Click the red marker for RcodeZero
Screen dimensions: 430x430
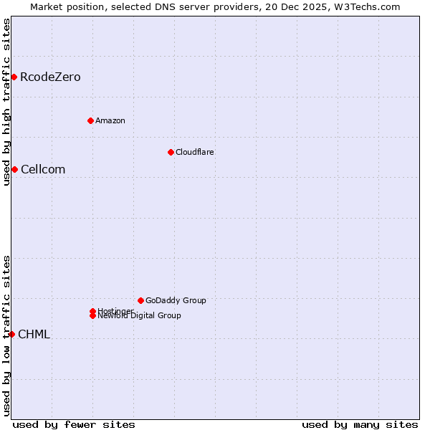pos(14,77)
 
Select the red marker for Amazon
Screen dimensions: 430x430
pos(90,120)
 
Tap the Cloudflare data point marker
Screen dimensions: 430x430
pos(171,152)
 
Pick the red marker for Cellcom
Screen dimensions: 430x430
pos(14,169)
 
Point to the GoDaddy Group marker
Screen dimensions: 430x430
pos(140,300)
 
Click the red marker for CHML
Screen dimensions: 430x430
pos(11,334)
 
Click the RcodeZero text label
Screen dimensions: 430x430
pos(50,77)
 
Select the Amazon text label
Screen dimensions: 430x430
pos(110,120)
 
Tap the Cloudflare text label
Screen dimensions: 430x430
pos(195,152)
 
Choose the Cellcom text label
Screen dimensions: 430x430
pos(43,169)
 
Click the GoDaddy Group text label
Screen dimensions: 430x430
pos(176,300)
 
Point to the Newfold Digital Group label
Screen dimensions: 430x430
pos(140,316)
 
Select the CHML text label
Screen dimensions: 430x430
pos(34,334)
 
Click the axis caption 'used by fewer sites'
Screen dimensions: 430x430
pos(74,424)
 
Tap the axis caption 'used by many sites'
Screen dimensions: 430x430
pos(360,424)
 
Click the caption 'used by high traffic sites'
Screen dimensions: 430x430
pos(6,102)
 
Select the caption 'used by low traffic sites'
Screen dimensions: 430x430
pos(6,335)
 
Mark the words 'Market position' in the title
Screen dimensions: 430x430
pos(63,6)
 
